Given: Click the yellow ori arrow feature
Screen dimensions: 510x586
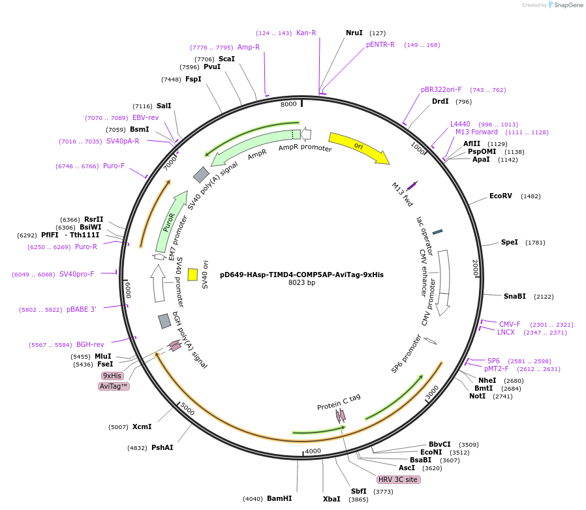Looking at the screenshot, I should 358,147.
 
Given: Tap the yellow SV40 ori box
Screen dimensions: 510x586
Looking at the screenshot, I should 193,275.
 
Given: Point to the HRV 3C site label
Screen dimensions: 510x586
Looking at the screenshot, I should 398,479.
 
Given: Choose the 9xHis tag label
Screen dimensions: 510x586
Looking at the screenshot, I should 112,376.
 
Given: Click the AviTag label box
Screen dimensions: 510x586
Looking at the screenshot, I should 114,386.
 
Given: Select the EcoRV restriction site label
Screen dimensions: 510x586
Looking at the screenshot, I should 501,196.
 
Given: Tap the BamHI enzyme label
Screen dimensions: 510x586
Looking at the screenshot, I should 279,499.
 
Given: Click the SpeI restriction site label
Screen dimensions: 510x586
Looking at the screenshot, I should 510,243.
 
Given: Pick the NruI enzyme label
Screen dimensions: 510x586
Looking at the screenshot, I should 354,33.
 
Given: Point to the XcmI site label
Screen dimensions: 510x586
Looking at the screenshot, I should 142,427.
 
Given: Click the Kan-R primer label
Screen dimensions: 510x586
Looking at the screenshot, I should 306,33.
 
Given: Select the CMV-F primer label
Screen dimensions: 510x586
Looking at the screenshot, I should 510,324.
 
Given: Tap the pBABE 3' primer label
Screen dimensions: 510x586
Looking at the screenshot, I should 81,310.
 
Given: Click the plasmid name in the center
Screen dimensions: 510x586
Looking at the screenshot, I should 301,275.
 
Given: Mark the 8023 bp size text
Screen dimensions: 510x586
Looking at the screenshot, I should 301,283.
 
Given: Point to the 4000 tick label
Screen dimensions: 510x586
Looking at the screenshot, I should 313,451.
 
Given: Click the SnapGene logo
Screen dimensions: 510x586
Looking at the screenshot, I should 564,5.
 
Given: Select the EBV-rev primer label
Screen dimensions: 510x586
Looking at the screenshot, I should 146,118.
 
